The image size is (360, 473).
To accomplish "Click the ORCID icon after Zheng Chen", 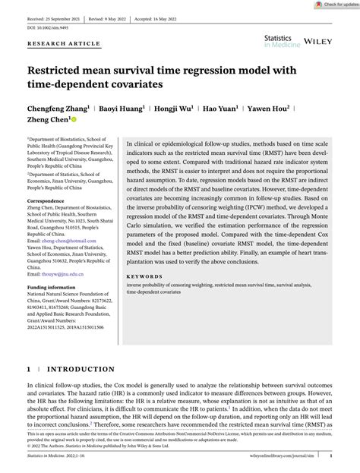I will coord(74,119).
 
